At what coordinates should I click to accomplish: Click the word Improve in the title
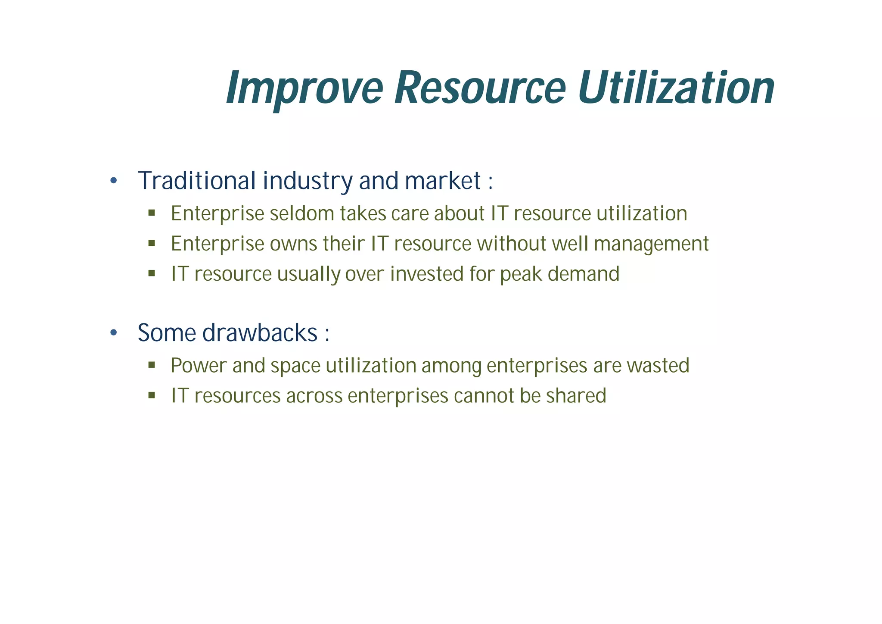click(304, 88)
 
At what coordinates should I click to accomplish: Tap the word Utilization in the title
click(676, 88)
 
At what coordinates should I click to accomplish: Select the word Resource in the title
click(480, 88)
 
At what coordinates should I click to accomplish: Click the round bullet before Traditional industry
click(113, 181)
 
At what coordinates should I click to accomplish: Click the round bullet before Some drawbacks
click(113, 333)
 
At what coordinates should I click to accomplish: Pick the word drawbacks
click(260, 333)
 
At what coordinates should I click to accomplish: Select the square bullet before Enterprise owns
click(151, 243)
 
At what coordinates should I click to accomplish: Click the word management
click(651, 244)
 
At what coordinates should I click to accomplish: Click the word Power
click(199, 366)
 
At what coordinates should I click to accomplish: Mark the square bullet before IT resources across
click(151, 395)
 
